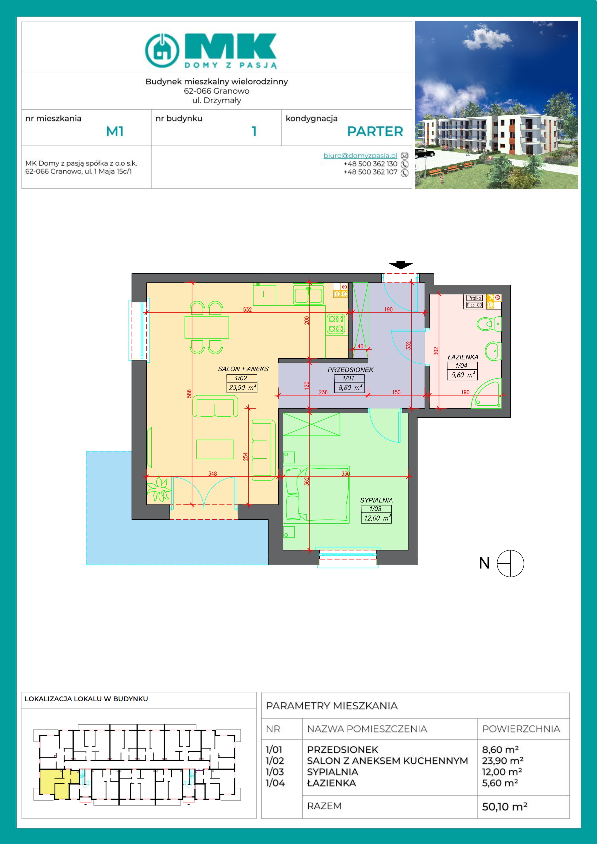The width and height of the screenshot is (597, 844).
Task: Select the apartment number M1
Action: coord(115,131)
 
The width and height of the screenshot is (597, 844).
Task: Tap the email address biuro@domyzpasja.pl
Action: coord(360,155)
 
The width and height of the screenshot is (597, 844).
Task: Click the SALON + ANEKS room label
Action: coord(243,369)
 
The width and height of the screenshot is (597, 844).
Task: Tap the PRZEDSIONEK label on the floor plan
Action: coord(350,370)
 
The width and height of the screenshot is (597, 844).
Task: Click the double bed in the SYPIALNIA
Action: coord(316,494)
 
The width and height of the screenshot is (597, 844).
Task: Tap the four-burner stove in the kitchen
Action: coord(336,324)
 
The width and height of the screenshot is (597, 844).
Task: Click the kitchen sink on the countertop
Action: coord(308,295)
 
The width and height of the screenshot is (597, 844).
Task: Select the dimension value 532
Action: coord(247,309)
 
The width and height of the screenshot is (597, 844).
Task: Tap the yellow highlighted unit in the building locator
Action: coord(55,784)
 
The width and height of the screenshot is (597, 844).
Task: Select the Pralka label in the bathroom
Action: coord(474,298)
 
